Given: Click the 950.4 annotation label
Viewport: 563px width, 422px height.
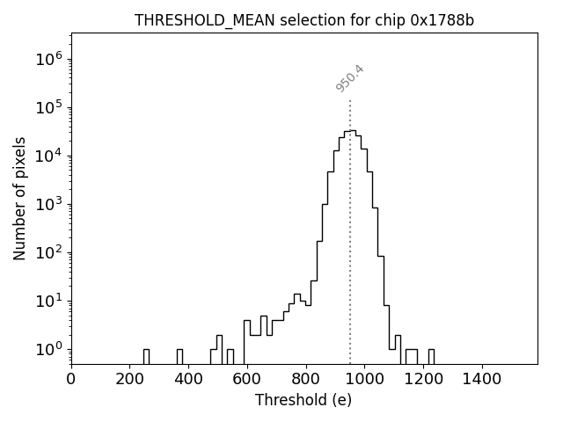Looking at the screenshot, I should (350, 78).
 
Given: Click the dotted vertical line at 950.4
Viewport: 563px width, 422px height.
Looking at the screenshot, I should (350, 229).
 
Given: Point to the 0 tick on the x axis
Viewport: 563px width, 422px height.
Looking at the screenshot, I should (71, 378).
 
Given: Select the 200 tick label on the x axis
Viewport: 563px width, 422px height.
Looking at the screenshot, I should (130, 378).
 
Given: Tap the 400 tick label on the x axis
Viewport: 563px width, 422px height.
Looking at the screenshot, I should (188, 378).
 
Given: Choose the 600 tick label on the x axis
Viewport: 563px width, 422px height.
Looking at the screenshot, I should (247, 378).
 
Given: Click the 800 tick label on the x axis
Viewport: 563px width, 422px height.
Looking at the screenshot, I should (305, 378).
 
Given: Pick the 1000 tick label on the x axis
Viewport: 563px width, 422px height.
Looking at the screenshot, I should (364, 378).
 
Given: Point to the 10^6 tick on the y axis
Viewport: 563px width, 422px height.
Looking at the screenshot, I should (48, 60).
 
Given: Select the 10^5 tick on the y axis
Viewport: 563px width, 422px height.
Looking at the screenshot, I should (48, 108).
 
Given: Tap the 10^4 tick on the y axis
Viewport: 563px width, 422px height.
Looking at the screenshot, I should (48, 156).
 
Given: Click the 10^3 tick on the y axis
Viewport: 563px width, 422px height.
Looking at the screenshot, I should (48, 205).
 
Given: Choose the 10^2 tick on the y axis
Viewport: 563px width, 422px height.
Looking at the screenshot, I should (48, 253).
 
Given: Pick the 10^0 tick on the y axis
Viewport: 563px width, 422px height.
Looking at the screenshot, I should (48, 349).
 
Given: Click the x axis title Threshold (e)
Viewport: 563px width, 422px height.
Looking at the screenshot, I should (303, 400).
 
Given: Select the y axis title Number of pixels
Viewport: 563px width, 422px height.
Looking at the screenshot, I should (20, 199).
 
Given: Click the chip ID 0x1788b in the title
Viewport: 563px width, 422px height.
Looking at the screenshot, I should (442, 20).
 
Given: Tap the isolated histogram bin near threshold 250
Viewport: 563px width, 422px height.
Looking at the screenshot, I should (146, 356).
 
